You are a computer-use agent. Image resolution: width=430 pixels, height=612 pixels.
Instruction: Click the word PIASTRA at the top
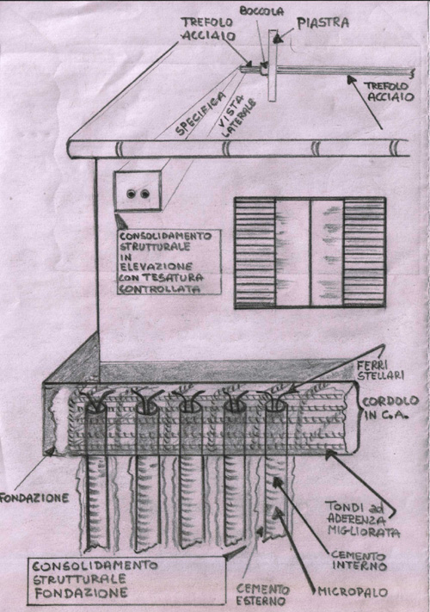(x=322, y=22)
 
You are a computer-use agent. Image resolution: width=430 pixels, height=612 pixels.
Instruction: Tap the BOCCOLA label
(x=261, y=11)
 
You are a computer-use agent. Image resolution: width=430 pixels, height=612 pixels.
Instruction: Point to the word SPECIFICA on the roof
(x=200, y=114)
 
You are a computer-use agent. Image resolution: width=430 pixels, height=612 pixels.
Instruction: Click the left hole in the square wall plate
(x=132, y=194)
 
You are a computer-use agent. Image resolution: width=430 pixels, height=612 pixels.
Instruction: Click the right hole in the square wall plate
(x=145, y=194)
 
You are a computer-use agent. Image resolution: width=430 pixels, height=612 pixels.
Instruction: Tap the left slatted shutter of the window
(x=255, y=253)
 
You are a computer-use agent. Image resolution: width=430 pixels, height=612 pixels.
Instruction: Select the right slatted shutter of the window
(x=365, y=253)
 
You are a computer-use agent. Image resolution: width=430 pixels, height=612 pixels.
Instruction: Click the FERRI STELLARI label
(x=380, y=371)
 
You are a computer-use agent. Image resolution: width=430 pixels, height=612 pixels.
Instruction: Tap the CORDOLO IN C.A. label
(x=385, y=408)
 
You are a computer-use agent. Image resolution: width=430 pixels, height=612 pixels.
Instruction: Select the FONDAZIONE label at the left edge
(x=34, y=498)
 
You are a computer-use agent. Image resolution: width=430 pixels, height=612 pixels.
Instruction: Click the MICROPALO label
(x=353, y=592)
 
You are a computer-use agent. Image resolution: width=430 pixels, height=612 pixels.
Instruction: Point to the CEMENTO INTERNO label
(x=359, y=561)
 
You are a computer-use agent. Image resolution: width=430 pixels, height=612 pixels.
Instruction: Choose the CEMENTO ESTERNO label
(x=263, y=595)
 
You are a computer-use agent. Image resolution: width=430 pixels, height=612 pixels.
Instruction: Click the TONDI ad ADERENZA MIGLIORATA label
(x=363, y=519)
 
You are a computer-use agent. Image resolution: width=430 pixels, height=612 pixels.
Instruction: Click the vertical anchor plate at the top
(x=273, y=65)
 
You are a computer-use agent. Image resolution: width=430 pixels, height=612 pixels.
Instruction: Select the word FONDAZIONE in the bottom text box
(x=81, y=593)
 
